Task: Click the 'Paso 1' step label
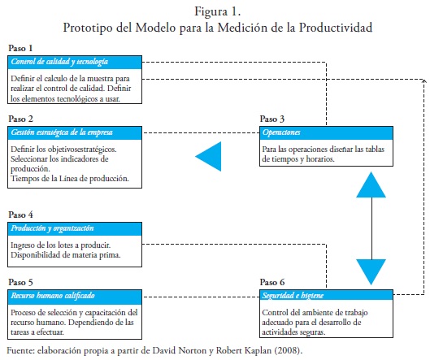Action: point(20,48)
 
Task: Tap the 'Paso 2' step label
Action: point(20,119)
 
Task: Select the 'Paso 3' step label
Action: point(272,119)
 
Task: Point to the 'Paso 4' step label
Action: point(20,215)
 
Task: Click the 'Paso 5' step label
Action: point(20,282)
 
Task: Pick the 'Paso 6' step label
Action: point(272,282)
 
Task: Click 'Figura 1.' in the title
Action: point(218,12)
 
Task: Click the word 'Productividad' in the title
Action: point(336,28)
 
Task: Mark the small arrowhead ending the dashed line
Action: point(424,80)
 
